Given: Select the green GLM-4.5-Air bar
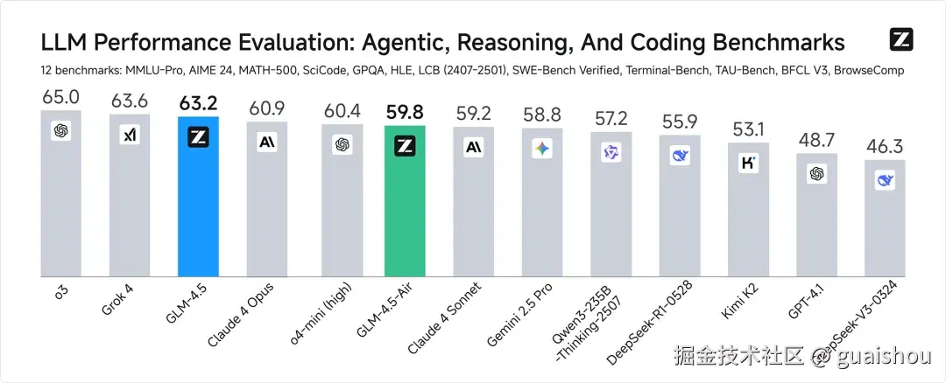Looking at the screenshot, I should pyautogui.click(x=406, y=205).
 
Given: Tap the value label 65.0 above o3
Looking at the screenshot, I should pyautogui.click(x=60, y=97).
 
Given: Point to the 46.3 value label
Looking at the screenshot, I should pyautogui.click(x=885, y=146).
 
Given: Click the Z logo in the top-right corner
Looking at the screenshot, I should pyautogui.click(x=901, y=40).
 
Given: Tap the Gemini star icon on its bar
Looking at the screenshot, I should pyautogui.click(x=542, y=149).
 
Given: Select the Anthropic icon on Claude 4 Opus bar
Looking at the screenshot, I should pyautogui.click(x=267, y=142).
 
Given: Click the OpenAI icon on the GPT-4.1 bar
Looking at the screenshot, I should pyautogui.click(x=817, y=174).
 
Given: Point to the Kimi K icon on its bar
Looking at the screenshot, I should pyautogui.click(x=748, y=163).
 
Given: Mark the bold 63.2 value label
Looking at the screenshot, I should pyautogui.click(x=199, y=104).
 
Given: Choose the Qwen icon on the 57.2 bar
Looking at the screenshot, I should pyautogui.click(x=611, y=152).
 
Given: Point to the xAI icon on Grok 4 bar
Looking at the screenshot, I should pyautogui.click(x=130, y=135).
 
